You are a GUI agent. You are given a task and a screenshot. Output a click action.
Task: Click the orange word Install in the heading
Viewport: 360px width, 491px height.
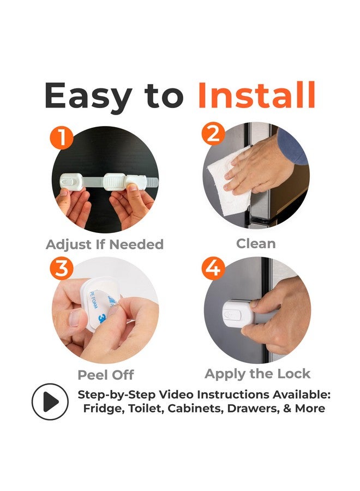(256, 95)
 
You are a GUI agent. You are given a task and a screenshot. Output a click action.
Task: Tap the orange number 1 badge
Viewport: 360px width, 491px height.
(62, 137)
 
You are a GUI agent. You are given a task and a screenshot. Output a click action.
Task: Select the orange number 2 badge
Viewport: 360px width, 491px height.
(213, 134)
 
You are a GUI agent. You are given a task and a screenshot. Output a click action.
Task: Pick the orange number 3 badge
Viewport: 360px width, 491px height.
(62, 268)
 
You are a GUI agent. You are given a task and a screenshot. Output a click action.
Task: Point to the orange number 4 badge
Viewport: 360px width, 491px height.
(213, 268)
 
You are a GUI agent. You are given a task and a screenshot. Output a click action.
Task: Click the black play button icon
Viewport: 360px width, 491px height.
(50, 402)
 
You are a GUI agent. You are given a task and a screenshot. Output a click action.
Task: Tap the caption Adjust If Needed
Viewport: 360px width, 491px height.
(105, 244)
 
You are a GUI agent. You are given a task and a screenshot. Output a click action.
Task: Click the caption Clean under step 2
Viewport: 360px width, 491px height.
(256, 244)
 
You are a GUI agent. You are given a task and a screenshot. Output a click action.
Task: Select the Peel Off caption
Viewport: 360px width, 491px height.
(106, 375)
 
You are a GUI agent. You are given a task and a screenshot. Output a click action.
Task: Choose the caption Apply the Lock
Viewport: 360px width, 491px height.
(257, 374)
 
